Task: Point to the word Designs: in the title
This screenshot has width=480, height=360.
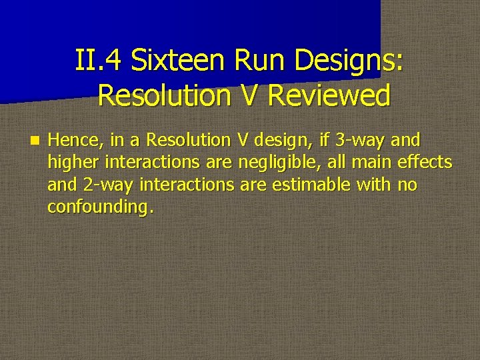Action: tap(349, 61)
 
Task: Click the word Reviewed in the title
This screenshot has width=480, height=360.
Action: tap(328, 96)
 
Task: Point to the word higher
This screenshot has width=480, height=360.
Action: tap(71, 163)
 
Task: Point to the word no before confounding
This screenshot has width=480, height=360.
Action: tap(407, 185)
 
